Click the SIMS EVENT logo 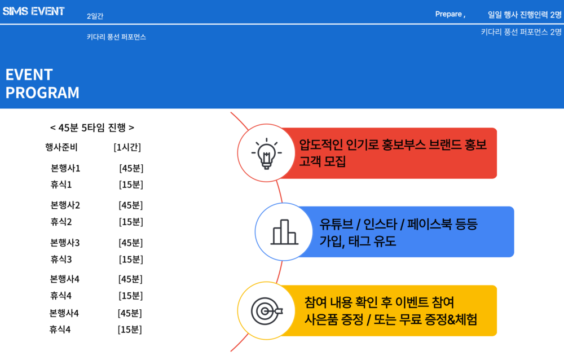(x=33, y=11)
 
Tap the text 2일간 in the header (x=95, y=16)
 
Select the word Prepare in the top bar (x=448, y=14)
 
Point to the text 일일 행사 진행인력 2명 (x=525, y=15)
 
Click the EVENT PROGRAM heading (x=42, y=84)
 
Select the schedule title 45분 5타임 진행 (x=92, y=128)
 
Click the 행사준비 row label (x=61, y=147)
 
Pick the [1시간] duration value (x=127, y=147)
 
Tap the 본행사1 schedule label (x=65, y=168)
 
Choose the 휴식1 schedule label (x=61, y=185)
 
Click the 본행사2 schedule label (x=65, y=205)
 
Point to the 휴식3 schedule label (x=61, y=259)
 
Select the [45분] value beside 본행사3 (x=131, y=243)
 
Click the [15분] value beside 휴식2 (x=131, y=222)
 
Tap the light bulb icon (x=267, y=153)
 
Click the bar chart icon (x=284, y=232)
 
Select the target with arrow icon (x=267, y=311)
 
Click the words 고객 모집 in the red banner (x=322, y=161)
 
